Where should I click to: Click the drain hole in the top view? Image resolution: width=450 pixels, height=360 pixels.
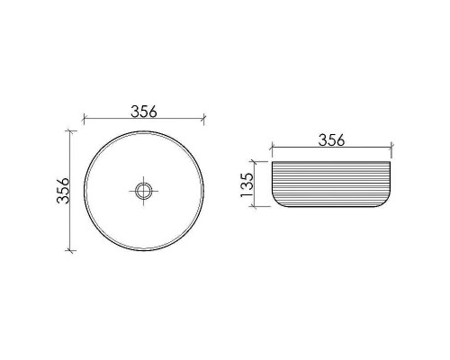tap(143, 190)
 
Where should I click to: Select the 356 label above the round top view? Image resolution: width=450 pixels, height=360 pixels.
tap(144, 112)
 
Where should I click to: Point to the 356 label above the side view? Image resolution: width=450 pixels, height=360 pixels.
tap(333, 140)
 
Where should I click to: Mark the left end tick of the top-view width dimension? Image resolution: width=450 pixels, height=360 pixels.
tap(83, 119)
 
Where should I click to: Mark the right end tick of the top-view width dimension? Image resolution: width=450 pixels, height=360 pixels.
tap(204, 119)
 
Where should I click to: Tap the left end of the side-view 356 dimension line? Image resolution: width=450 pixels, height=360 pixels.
tap(270, 147)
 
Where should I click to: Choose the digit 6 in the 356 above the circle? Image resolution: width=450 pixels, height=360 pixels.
tap(156, 112)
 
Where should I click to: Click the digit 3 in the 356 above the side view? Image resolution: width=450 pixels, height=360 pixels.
tap(321, 140)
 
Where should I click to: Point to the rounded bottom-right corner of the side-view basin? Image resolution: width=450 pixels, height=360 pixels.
tap(389, 202)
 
